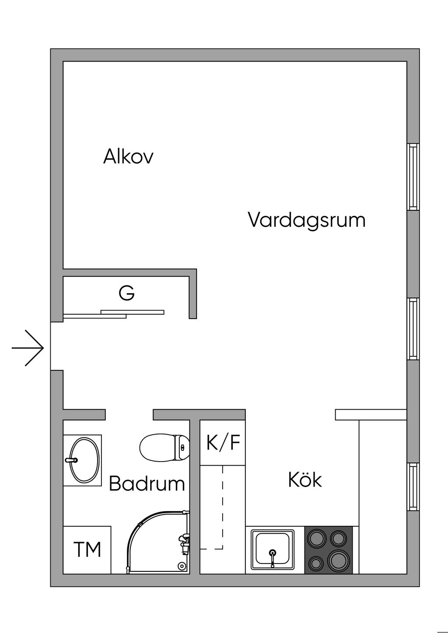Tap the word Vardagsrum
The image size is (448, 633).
click(x=307, y=220)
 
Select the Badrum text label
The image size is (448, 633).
click(x=147, y=483)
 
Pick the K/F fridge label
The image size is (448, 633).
click(x=223, y=442)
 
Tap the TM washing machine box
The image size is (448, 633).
click(x=87, y=550)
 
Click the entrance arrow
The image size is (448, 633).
click(x=28, y=348)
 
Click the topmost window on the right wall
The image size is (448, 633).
click(x=413, y=177)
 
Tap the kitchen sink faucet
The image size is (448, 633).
click(x=273, y=558)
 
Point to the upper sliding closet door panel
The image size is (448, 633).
click(x=133, y=312)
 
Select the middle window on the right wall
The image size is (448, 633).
click(x=413, y=329)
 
